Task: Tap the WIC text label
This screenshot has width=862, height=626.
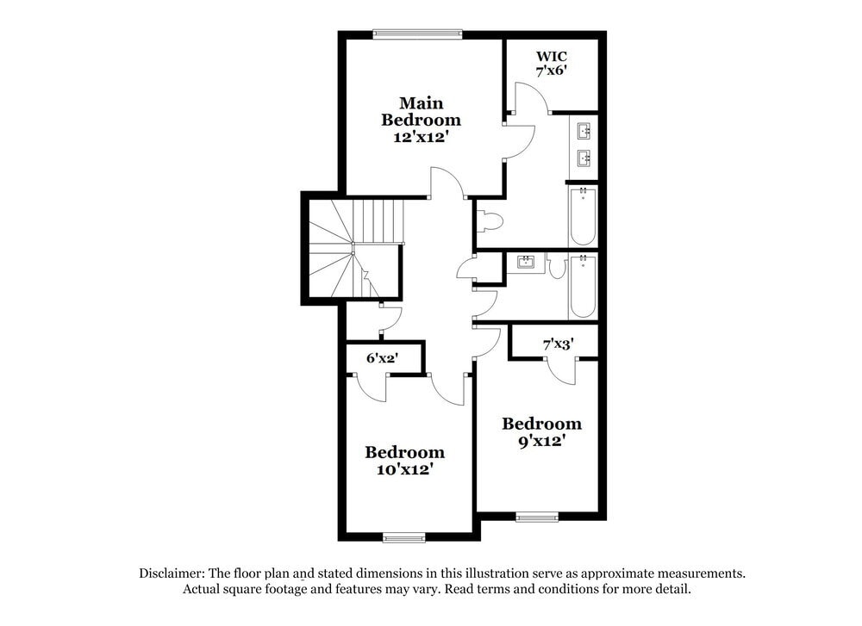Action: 552,56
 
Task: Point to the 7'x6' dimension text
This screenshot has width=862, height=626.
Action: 552,71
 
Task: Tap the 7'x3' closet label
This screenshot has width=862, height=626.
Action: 558,344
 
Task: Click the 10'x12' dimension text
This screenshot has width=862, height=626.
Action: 404,469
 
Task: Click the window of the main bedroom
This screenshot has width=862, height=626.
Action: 417,34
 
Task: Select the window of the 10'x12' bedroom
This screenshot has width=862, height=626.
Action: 404,538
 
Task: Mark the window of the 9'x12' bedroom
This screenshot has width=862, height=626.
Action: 537,518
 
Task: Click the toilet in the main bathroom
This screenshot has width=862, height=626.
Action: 490,221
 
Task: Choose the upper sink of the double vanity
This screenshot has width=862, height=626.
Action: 584,131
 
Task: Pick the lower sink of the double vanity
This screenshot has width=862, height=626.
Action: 584,158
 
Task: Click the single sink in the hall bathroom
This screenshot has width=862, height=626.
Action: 525,262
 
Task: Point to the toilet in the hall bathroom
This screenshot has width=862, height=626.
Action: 556,266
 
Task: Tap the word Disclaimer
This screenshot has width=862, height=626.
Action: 169,573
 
